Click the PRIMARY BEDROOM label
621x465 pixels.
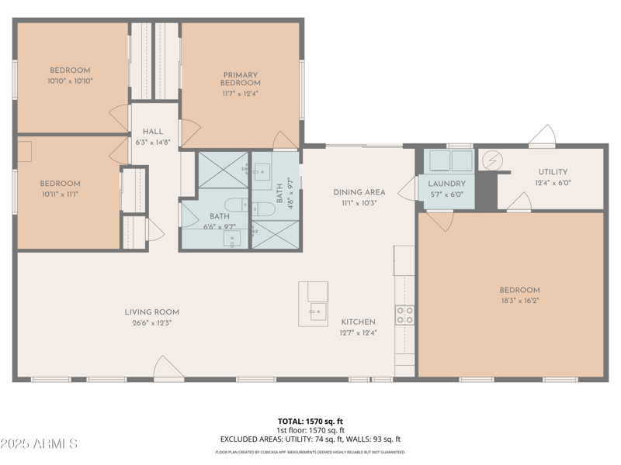click(x=240, y=78)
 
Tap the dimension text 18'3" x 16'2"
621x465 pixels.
click(x=519, y=301)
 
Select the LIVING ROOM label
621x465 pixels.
click(x=151, y=312)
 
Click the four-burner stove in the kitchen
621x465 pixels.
click(x=405, y=315)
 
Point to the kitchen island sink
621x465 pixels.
click(x=317, y=313)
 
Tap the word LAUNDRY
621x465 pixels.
click(x=446, y=184)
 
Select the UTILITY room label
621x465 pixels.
click(x=553, y=172)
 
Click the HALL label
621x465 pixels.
click(x=152, y=132)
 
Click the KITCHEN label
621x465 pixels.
click(x=358, y=322)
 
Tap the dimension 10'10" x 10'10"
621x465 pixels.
click(x=70, y=80)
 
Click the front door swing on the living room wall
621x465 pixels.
click(x=168, y=368)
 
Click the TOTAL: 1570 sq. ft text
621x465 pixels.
click(x=310, y=422)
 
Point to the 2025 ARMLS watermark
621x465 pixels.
click(x=39, y=444)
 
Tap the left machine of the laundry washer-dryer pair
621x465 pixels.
click(x=439, y=160)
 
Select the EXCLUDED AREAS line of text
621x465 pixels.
click(x=310, y=439)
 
